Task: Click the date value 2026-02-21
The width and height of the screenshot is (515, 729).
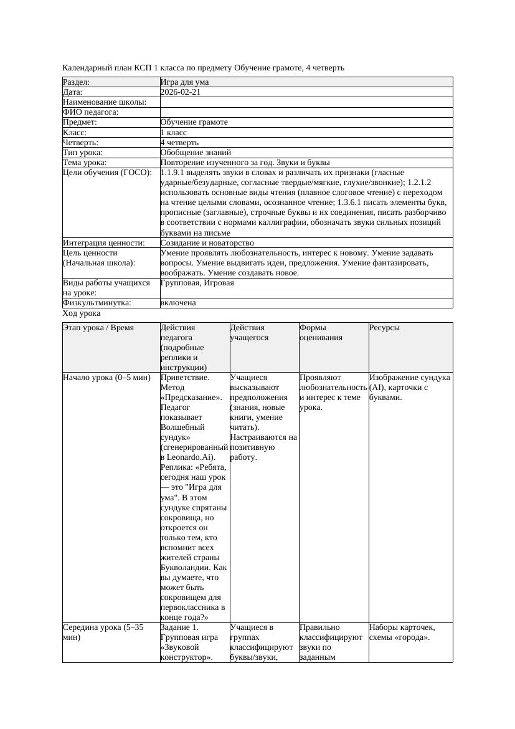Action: (180, 92)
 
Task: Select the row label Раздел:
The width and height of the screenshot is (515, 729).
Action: (77, 82)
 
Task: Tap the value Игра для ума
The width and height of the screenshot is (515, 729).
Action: (184, 82)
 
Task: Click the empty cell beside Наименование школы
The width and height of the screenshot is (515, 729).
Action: (305, 102)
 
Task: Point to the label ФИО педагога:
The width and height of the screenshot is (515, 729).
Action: (90, 112)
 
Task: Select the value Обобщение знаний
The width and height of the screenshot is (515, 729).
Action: (196, 152)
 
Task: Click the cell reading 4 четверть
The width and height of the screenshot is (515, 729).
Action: (179, 142)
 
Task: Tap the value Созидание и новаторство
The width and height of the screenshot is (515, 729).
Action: (207, 243)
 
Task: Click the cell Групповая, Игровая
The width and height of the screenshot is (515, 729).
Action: (197, 283)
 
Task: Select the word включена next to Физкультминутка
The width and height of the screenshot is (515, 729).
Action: (177, 303)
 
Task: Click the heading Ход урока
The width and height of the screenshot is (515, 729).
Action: (82, 313)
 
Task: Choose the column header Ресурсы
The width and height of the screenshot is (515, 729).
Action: (384, 328)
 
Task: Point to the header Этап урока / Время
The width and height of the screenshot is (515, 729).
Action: (98, 328)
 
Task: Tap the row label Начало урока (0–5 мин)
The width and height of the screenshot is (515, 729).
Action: (106, 378)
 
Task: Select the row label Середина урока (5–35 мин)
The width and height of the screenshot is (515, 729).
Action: (103, 632)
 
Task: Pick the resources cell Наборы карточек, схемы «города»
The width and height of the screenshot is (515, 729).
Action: (402, 632)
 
